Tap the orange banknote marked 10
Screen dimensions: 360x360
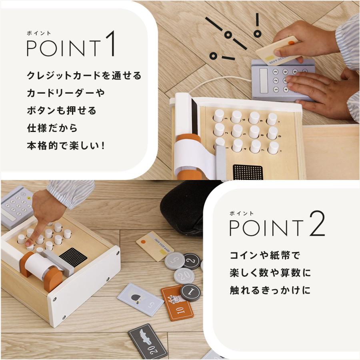point(177,303)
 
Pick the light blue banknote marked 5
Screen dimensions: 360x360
point(140,299)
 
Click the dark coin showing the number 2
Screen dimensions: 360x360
point(191,261)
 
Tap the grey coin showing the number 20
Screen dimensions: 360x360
point(184,276)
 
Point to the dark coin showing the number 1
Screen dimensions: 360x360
point(190,293)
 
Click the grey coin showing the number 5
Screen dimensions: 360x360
point(174,260)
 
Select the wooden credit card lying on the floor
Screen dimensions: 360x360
point(155,246)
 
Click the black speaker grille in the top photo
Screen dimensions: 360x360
point(248,172)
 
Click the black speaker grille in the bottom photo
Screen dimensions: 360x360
point(73,257)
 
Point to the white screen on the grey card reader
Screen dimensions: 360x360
point(264,80)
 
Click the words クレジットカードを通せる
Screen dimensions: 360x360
point(84,76)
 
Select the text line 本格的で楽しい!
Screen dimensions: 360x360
point(66,146)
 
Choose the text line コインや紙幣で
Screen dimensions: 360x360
point(265,255)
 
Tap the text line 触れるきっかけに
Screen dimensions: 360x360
point(270,290)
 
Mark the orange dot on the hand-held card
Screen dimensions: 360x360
point(291,43)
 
